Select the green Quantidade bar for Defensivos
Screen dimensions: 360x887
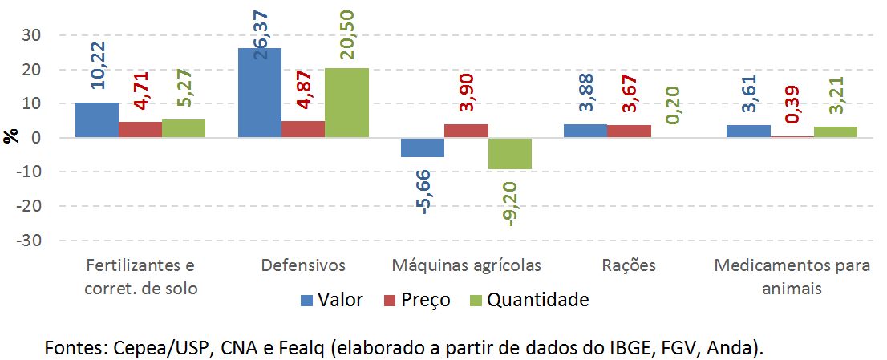click(x=346, y=103)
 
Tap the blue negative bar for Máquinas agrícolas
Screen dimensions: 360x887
click(x=423, y=148)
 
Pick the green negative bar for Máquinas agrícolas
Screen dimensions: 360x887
click(x=509, y=153)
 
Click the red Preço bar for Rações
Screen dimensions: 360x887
click(x=629, y=131)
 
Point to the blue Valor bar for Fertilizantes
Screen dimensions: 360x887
click(x=97, y=120)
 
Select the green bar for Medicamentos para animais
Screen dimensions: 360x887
click(x=835, y=132)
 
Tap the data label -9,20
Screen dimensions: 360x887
click(x=510, y=204)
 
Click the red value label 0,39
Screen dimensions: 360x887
click(x=792, y=103)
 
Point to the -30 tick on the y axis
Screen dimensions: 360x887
click(x=30, y=241)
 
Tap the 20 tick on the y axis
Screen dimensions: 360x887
click(x=32, y=70)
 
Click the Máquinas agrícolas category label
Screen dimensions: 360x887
click(x=466, y=265)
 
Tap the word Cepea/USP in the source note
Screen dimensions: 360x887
click(x=148, y=347)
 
